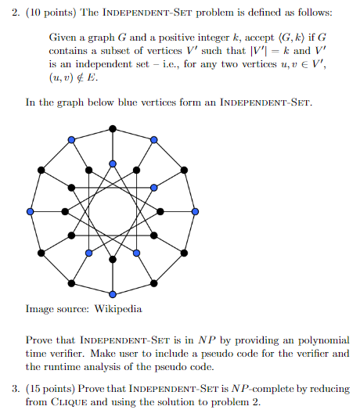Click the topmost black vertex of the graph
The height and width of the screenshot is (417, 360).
pyautogui.click(x=113, y=128)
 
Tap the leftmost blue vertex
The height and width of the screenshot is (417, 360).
pyautogui.click(x=30, y=211)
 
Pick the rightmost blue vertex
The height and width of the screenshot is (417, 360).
pyautogui.click(x=196, y=211)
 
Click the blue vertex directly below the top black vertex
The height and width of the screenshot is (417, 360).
pyautogui.click(x=113, y=163)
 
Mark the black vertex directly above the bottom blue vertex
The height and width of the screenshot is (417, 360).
pyautogui.click(x=113, y=261)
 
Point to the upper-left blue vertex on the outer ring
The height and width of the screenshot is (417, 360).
pyautogui.click(x=71, y=140)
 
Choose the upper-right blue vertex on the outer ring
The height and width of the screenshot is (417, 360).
pyautogui.click(x=154, y=140)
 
